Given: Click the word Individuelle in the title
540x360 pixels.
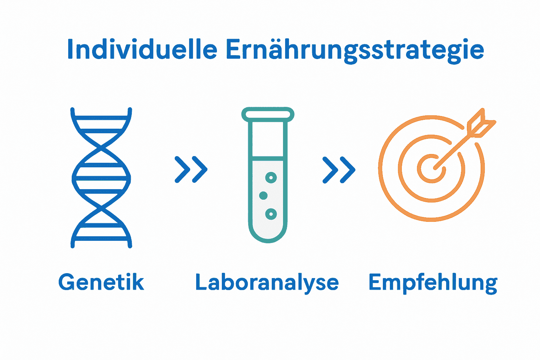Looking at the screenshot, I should [142, 49].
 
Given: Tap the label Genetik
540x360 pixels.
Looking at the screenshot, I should [101, 282].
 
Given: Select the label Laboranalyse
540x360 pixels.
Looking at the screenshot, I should [267, 283].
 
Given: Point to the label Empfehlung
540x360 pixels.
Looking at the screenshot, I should [433, 283].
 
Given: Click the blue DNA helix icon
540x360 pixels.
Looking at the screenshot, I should [101, 178].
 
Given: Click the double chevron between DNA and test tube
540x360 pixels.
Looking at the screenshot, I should [191, 169].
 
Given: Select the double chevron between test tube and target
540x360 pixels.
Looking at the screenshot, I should [339, 169].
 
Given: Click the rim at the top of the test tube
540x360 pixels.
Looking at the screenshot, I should [268, 114].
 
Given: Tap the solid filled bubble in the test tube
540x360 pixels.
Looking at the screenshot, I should [263, 195].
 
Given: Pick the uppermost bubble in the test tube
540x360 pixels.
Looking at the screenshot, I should [271, 178].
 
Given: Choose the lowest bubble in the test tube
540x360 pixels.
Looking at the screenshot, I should [271, 214].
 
